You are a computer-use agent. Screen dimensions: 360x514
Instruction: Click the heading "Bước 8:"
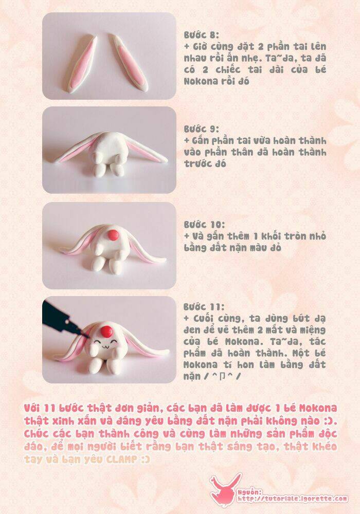(x=201, y=35)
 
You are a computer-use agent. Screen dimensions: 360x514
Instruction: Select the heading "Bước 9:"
(x=201, y=129)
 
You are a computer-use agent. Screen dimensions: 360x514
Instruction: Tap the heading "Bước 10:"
(x=204, y=225)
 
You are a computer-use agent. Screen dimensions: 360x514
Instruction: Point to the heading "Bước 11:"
(x=204, y=307)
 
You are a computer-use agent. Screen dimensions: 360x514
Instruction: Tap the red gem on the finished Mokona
(x=106, y=332)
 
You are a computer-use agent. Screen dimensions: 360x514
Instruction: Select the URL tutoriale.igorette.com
(x=293, y=499)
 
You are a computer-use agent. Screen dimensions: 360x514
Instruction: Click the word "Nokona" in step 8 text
(x=200, y=81)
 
